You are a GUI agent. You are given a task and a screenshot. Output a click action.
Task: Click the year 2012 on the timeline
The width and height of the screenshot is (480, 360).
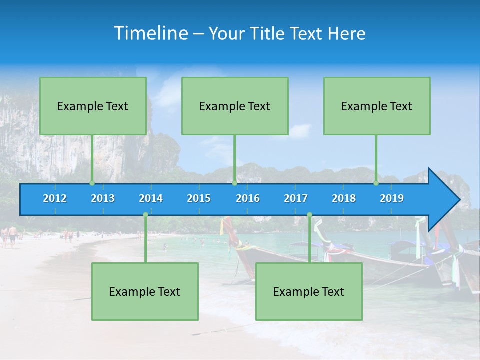[55, 198]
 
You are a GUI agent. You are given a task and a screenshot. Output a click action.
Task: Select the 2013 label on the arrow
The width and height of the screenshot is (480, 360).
[103, 198]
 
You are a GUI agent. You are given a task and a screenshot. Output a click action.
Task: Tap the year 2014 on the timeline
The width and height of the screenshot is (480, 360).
[151, 198]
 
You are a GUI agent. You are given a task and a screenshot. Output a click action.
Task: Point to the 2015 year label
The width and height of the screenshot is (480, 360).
[199, 198]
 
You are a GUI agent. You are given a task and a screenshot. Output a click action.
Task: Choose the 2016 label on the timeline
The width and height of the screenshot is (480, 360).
[248, 198]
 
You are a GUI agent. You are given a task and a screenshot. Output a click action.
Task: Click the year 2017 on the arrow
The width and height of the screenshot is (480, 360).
[296, 198]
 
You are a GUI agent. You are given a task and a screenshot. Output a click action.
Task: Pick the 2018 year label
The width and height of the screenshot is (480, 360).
[344, 198]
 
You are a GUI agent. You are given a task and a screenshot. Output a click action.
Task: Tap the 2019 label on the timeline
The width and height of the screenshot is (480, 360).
[392, 198]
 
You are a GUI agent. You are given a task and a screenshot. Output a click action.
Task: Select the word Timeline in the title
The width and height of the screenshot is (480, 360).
[150, 33]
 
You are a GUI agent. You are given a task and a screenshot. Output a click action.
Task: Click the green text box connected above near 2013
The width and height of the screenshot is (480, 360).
[93, 106]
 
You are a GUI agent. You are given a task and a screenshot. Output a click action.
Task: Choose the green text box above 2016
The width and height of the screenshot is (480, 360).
[235, 106]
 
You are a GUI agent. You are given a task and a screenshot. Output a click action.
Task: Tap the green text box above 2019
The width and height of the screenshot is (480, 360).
[377, 106]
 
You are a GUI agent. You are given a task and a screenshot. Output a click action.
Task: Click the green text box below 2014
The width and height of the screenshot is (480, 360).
[145, 291]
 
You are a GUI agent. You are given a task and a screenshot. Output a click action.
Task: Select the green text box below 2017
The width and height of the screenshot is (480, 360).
[309, 291]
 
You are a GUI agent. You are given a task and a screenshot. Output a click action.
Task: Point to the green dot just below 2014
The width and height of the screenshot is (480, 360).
[145, 215]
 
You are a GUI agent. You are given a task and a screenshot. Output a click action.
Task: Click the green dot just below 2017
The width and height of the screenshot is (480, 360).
[309, 215]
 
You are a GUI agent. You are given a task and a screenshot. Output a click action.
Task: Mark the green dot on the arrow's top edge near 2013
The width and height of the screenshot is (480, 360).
[92, 183]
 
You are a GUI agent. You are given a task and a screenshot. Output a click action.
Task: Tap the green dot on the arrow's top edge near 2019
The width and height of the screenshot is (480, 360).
[376, 183]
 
